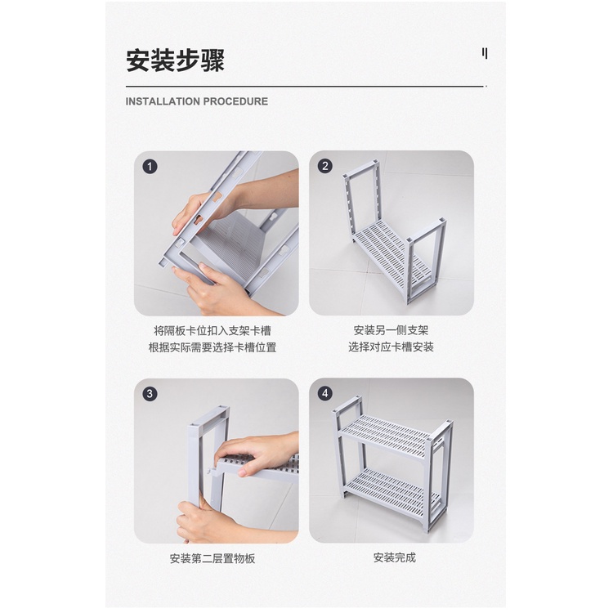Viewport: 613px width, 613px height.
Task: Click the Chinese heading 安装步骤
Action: pyautogui.click(x=175, y=60)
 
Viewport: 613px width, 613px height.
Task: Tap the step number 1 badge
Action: pyautogui.click(x=150, y=167)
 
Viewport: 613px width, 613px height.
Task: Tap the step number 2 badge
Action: pyautogui.click(x=325, y=166)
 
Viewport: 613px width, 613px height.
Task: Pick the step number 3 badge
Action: pyautogui.click(x=150, y=394)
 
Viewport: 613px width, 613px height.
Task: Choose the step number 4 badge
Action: pyautogui.click(x=325, y=393)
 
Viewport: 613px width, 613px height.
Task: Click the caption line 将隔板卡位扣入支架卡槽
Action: pyautogui.click(x=213, y=331)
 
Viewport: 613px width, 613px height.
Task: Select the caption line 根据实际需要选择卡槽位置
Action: pyautogui.click(x=213, y=347)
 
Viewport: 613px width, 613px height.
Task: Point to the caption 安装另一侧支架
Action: pyautogui.click(x=391, y=331)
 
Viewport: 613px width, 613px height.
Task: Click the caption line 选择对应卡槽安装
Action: pyautogui.click(x=391, y=347)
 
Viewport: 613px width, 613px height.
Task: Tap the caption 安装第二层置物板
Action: pyautogui.click(x=213, y=558)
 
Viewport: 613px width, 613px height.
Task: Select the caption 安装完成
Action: pyautogui.click(x=395, y=557)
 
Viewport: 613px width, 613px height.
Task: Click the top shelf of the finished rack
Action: pyautogui.click(x=387, y=435)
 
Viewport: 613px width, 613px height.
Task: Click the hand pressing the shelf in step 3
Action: pyautogui.click(x=258, y=454)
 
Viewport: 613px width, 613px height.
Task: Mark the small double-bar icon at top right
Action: pyautogui.click(x=485, y=53)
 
